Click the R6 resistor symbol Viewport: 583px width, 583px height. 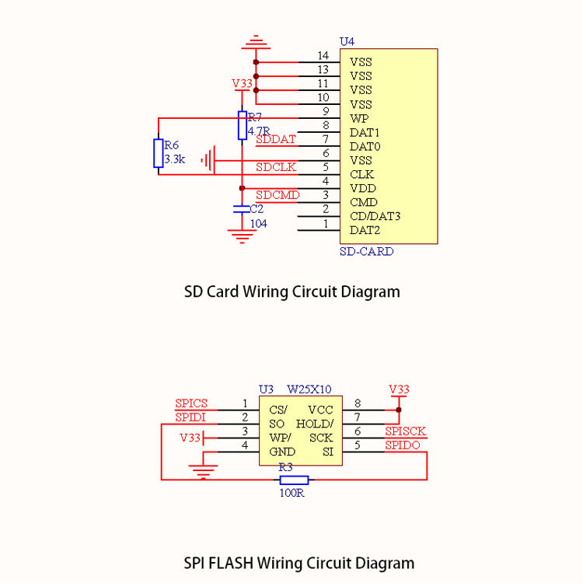(x=159, y=153)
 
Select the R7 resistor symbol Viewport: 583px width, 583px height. (x=242, y=125)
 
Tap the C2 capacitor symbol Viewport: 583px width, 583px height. (x=242, y=209)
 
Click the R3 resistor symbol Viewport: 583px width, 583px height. (x=294, y=480)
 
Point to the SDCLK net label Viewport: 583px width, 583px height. (x=276, y=167)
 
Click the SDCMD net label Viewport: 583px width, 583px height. (x=278, y=195)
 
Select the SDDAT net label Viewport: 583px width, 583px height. (x=275, y=139)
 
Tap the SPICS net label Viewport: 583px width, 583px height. (x=191, y=403)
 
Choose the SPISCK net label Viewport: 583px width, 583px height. (x=405, y=431)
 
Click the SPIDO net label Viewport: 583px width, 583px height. (x=403, y=445)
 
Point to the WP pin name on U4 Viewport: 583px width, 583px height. (x=359, y=119)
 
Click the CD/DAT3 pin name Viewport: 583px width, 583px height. (x=375, y=216)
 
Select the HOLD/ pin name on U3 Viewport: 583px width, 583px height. (x=315, y=424)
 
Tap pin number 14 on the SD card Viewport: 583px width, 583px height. (x=323, y=55)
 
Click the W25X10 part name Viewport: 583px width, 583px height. (x=309, y=389)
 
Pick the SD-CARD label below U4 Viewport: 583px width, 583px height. (x=367, y=251)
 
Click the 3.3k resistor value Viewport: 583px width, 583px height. (x=174, y=159)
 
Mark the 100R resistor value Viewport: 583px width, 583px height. (x=291, y=493)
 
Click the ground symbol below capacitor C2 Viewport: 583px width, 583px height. (x=242, y=236)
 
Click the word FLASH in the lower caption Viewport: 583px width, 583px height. (x=231, y=563)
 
